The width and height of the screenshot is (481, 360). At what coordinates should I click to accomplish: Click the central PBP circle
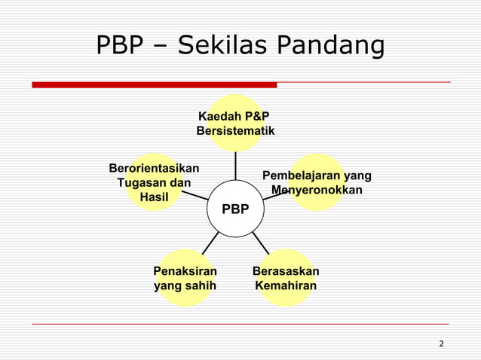(x=235, y=209)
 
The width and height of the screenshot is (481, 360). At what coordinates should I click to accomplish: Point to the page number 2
(x=441, y=344)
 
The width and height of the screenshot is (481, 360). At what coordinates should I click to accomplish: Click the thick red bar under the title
(x=154, y=85)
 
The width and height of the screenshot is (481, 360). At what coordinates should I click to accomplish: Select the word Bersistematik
(x=235, y=132)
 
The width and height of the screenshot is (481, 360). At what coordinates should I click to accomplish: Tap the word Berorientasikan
(x=154, y=167)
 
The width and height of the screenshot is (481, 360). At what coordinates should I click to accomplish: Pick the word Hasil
(x=154, y=197)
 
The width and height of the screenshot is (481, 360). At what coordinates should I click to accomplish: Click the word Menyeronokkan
(x=317, y=190)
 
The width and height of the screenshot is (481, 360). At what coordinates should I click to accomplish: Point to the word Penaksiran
(x=185, y=271)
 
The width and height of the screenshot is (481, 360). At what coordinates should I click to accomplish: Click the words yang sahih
(x=185, y=286)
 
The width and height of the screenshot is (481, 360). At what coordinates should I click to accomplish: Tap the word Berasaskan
(x=286, y=271)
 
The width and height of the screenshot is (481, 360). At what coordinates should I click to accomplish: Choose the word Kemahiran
(x=286, y=286)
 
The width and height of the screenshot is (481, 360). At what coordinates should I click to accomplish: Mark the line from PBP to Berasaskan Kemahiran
(x=260, y=242)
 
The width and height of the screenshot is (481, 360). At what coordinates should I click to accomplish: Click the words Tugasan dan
(x=154, y=182)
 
